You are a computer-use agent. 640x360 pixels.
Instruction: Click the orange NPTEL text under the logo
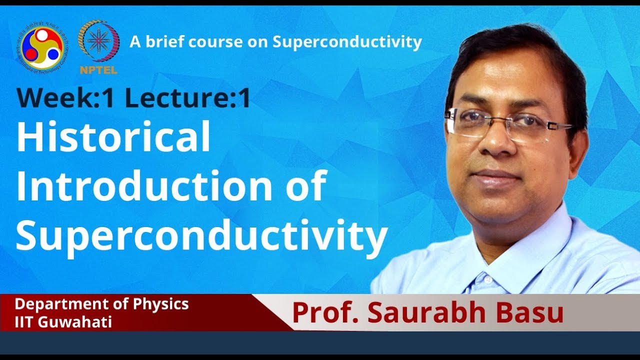[98, 70]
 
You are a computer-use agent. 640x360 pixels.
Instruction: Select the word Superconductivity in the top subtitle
[347, 42]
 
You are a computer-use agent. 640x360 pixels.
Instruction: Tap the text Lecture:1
[187, 98]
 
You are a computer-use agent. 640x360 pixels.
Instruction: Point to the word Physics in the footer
[163, 304]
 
